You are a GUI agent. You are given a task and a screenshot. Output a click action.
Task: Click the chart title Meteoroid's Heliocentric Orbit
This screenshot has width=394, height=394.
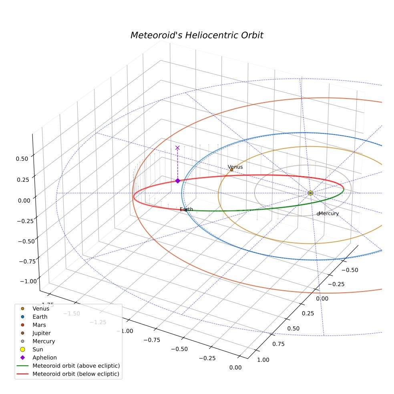pyautogui.click(x=197, y=35)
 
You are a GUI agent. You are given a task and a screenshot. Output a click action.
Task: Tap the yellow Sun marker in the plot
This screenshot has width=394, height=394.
pyautogui.click(x=310, y=193)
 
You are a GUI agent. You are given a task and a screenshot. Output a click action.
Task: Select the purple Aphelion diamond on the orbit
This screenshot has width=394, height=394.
pyautogui.click(x=178, y=181)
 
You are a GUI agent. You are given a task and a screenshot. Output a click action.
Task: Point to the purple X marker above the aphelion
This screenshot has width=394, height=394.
pyautogui.click(x=177, y=148)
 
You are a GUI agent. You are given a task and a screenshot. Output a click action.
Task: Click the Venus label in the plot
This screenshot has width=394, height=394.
pyautogui.click(x=235, y=167)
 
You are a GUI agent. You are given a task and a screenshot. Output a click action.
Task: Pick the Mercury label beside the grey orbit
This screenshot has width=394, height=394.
pyautogui.click(x=329, y=213)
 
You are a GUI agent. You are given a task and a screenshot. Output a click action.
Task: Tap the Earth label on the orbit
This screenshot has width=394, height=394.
pyautogui.click(x=187, y=209)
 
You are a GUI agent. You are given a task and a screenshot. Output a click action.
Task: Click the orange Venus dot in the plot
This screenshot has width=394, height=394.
pyautogui.click(x=232, y=170)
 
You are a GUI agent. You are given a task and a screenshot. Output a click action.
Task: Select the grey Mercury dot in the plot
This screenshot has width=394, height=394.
pyautogui.click(x=318, y=214)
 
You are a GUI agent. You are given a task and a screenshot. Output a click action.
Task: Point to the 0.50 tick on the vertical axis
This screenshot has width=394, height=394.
pyautogui.click(x=22, y=159)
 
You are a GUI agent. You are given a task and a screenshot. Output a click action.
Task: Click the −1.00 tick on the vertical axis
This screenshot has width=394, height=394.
pyautogui.click(x=28, y=281)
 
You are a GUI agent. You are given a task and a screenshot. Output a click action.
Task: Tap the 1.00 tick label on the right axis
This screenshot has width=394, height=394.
pyautogui.click(x=263, y=360)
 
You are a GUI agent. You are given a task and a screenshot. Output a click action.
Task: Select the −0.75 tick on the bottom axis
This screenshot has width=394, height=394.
pyautogui.click(x=152, y=340)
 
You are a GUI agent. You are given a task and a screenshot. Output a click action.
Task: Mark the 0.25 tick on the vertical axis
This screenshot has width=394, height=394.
pyautogui.click(x=23, y=180)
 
